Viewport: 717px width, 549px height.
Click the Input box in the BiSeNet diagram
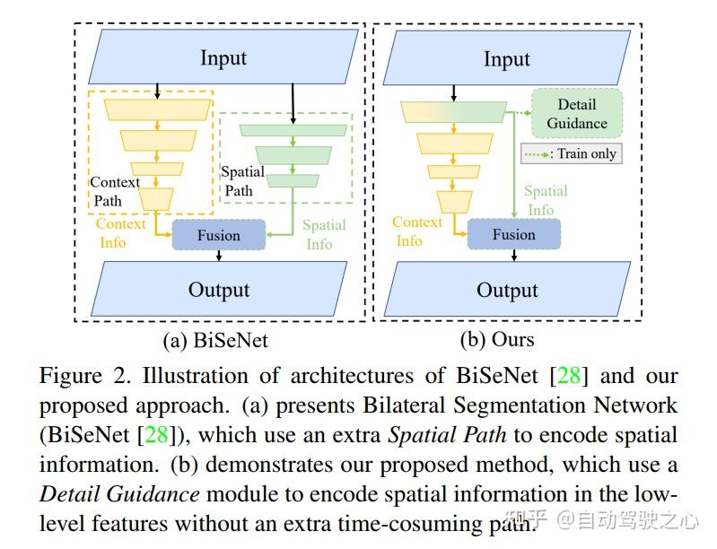(x=222, y=57)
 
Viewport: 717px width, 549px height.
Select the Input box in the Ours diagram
(x=507, y=59)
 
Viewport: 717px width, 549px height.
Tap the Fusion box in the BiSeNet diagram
(x=219, y=235)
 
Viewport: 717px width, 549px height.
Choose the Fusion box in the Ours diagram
(x=513, y=234)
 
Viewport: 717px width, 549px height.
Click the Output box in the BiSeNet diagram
(x=219, y=290)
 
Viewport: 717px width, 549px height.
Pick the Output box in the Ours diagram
(x=507, y=290)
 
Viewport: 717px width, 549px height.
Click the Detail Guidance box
(x=577, y=114)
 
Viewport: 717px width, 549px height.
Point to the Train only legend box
(x=572, y=153)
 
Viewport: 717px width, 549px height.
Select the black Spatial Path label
(x=242, y=180)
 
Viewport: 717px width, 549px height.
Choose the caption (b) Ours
(x=496, y=340)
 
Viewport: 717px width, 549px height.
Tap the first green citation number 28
(x=569, y=375)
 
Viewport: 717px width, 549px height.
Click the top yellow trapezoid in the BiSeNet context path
(x=157, y=109)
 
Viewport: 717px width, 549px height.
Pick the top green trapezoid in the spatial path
(x=293, y=130)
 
